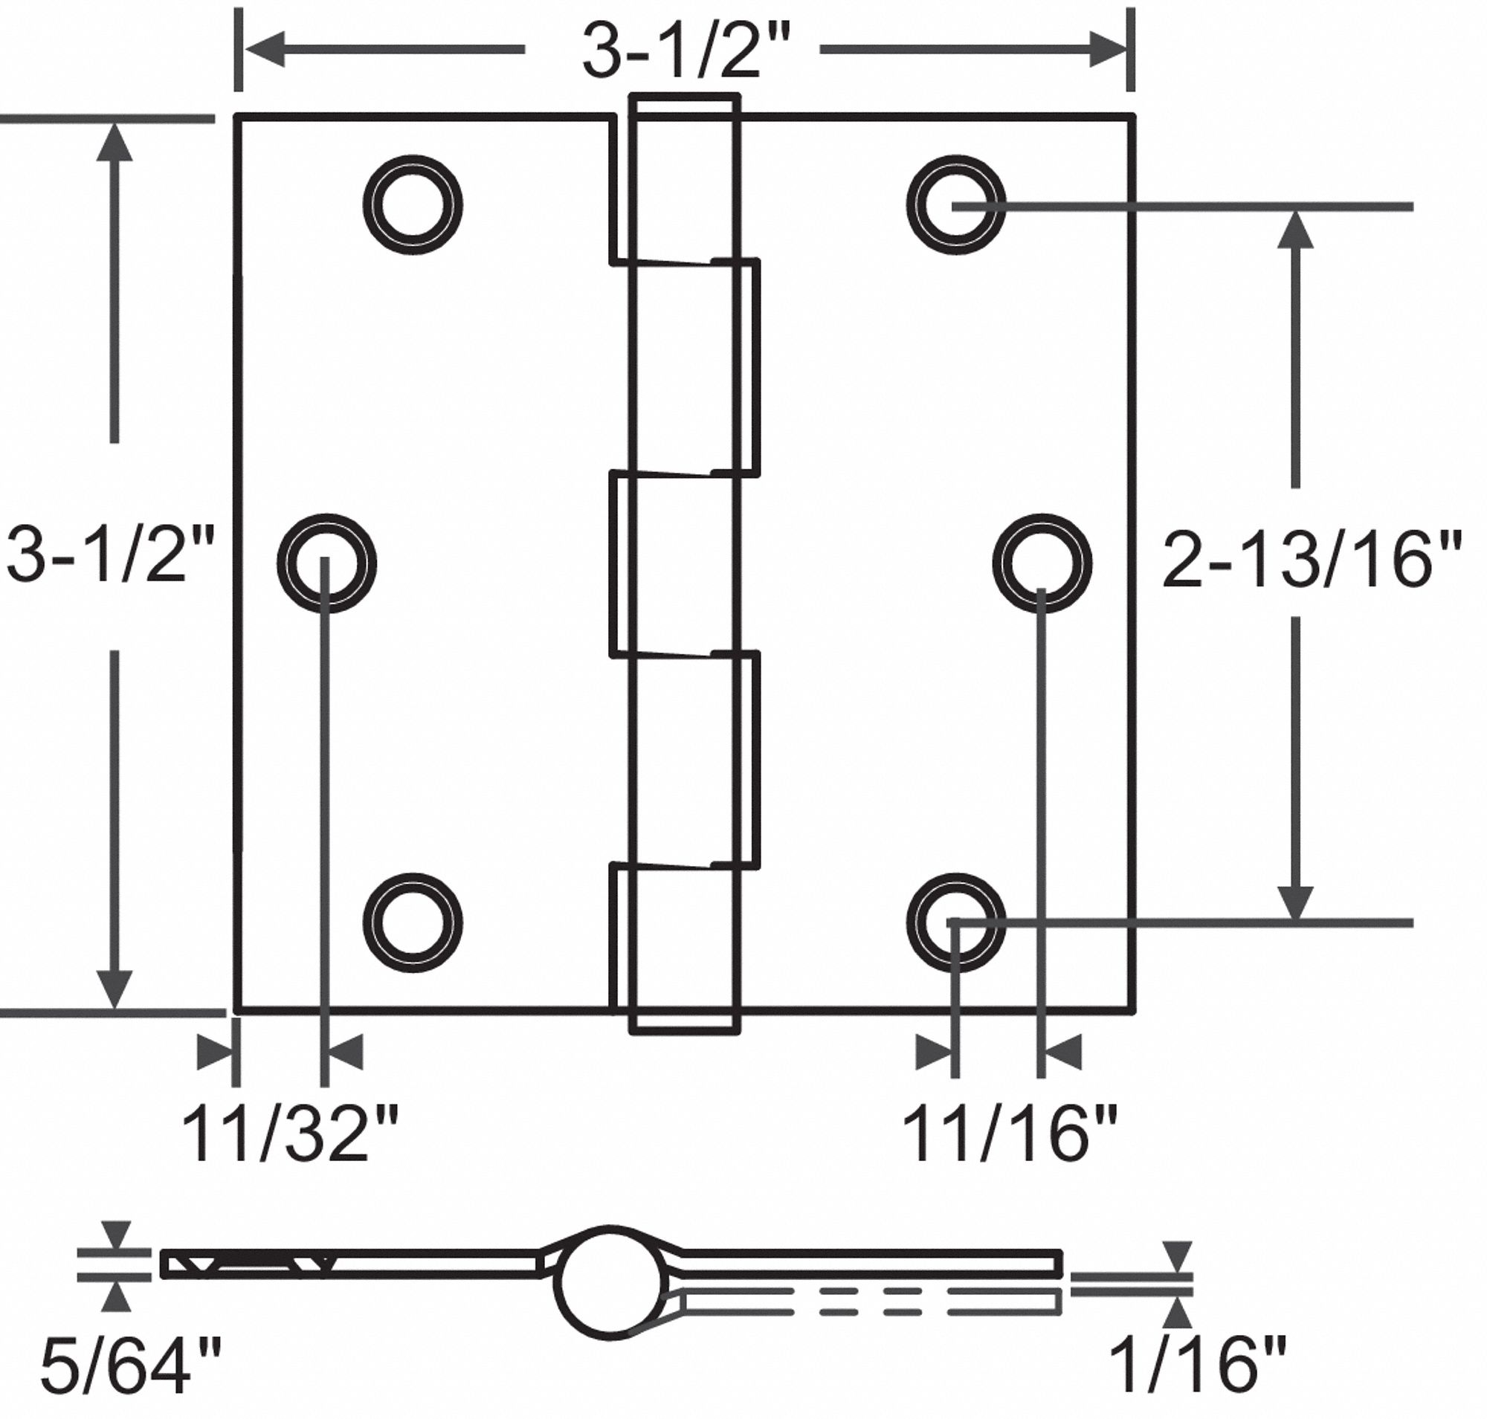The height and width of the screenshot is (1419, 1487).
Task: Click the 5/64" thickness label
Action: [130, 1366]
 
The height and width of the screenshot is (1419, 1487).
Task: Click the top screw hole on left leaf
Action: [413, 205]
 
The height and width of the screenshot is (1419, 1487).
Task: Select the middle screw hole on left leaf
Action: [326, 563]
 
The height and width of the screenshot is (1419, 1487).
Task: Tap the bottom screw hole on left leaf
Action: [413, 922]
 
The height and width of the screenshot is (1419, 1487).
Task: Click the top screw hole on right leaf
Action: [957, 205]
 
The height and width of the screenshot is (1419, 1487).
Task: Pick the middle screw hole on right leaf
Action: [1042, 563]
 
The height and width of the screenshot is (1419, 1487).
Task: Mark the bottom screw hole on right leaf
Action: [957, 922]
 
